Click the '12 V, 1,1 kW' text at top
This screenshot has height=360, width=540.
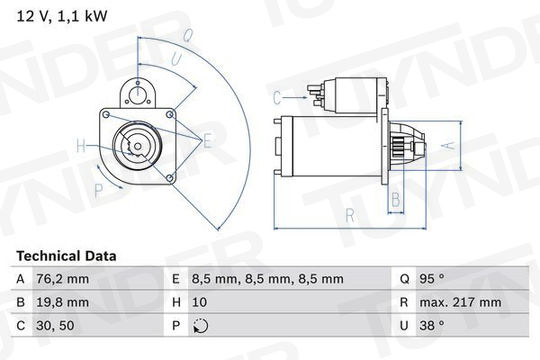click(62, 16)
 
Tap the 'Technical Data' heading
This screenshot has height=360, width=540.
click(66, 256)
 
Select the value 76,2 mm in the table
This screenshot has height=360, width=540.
click(62, 279)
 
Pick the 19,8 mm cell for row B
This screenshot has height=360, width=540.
click(62, 302)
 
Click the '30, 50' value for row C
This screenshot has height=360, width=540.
click(55, 326)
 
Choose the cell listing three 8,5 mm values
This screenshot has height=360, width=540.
click(268, 279)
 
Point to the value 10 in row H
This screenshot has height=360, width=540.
click(199, 302)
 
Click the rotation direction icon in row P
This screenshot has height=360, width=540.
click(200, 326)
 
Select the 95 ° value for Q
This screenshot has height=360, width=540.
click(432, 278)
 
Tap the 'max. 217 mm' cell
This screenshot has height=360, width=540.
click(460, 302)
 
